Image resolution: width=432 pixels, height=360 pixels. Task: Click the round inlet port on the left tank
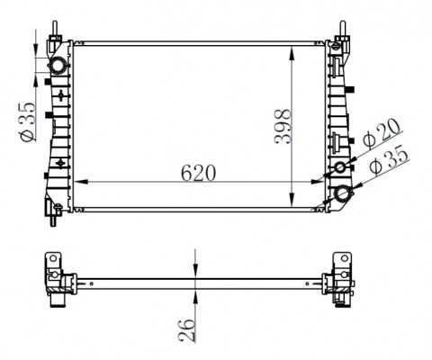58,67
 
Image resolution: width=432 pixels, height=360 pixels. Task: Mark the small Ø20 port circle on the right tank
341,170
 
